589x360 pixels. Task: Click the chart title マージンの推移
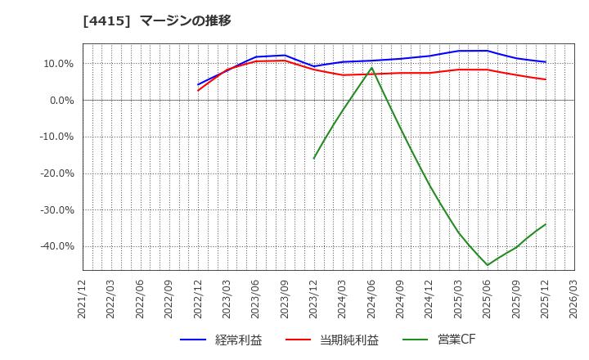point(186,20)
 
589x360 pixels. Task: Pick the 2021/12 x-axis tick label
point(83,299)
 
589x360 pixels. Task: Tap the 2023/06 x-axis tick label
point(256,299)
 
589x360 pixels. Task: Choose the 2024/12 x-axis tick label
point(429,299)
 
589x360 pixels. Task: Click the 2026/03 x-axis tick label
point(573,299)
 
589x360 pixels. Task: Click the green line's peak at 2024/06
point(371,68)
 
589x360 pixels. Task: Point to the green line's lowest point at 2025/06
point(488,265)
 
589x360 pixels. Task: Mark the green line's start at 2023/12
point(314,158)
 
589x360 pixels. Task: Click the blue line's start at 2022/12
point(199,84)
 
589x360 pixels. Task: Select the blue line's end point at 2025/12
point(545,62)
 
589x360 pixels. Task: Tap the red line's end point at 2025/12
point(545,79)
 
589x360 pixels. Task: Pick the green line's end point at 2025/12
point(545,224)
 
